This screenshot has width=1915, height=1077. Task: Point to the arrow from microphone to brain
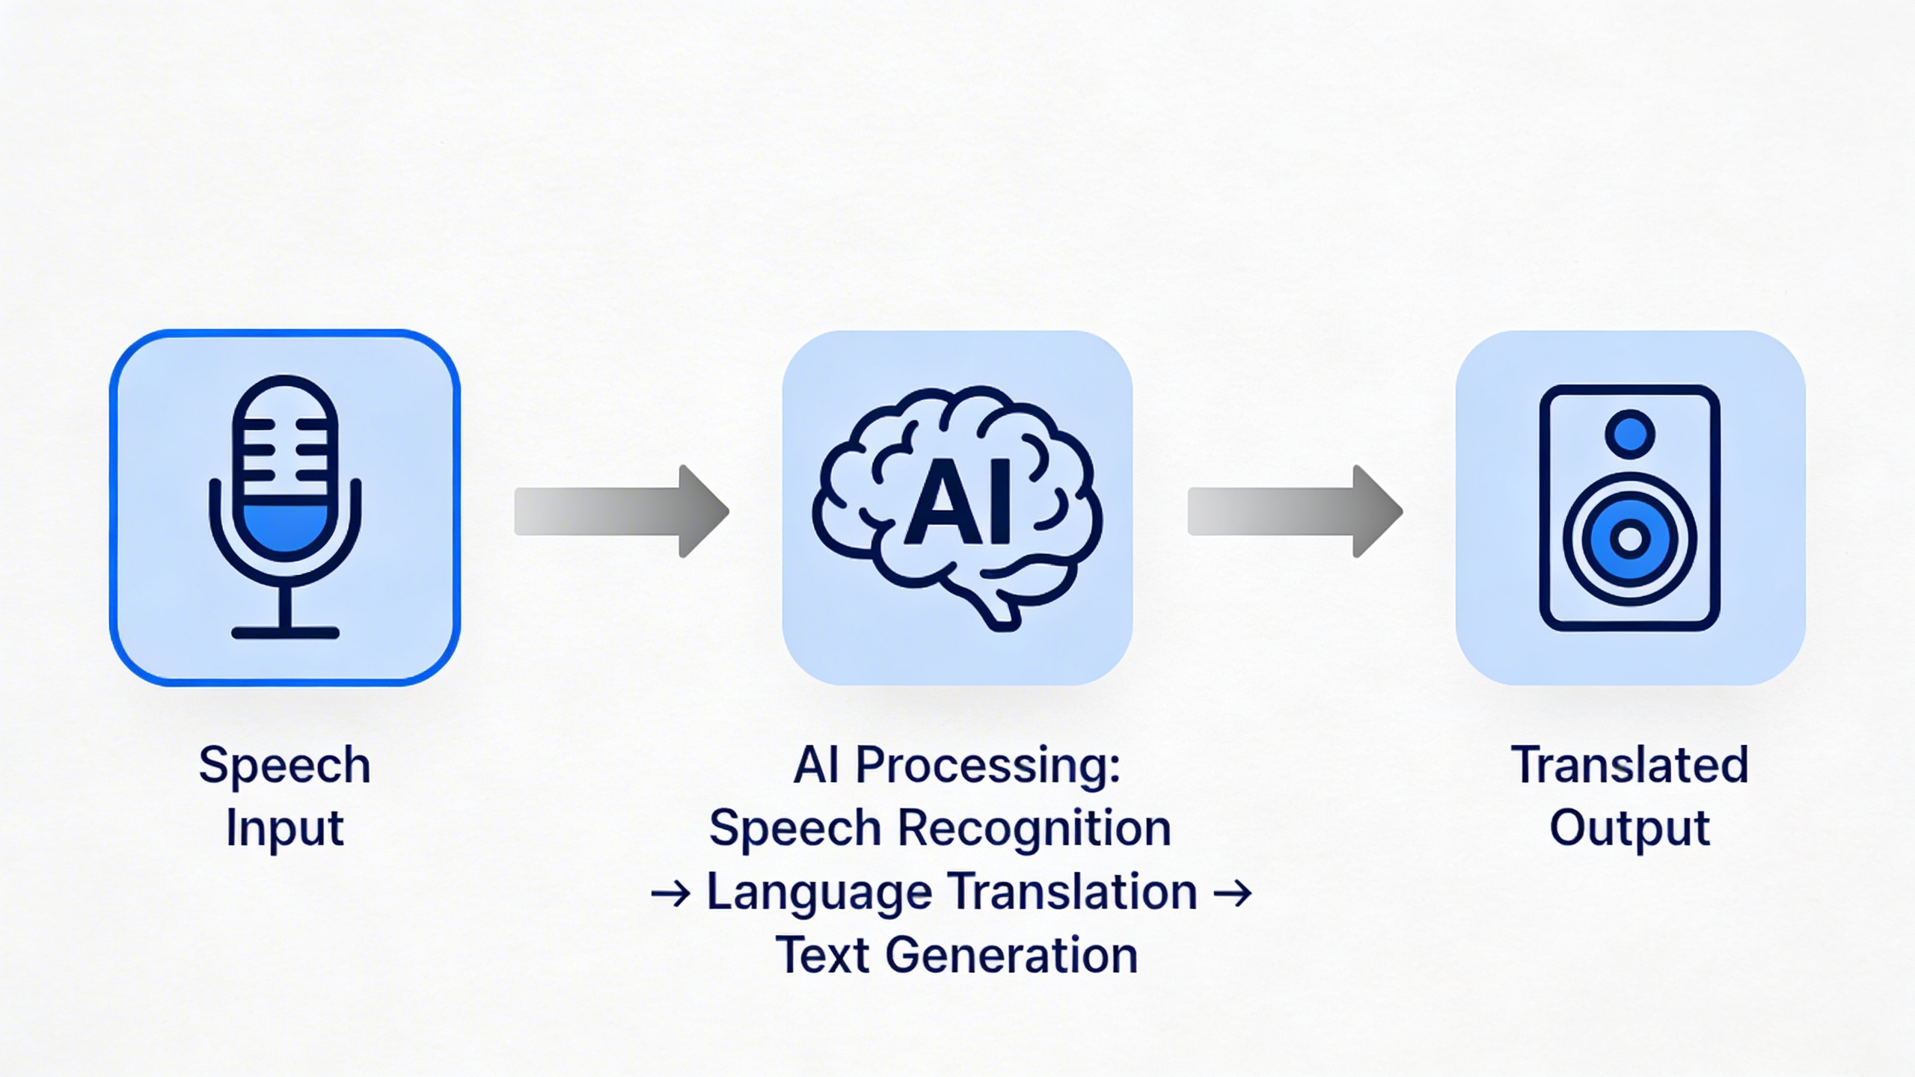point(621,512)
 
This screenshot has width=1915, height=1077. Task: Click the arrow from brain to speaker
point(1294,512)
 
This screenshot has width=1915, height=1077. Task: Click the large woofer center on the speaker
point(1630,538)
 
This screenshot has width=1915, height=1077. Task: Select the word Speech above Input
point(284,766)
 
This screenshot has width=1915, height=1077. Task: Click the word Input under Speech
point(284,829)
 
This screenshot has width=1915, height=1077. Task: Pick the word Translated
point(1630,764)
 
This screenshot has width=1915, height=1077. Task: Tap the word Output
point(1630,827)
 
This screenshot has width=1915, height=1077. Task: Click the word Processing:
point(987,766)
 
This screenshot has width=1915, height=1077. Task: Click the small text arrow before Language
point(670,894)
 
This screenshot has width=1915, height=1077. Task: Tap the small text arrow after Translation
point(1232,893)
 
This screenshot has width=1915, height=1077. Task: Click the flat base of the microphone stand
point(285,633)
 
